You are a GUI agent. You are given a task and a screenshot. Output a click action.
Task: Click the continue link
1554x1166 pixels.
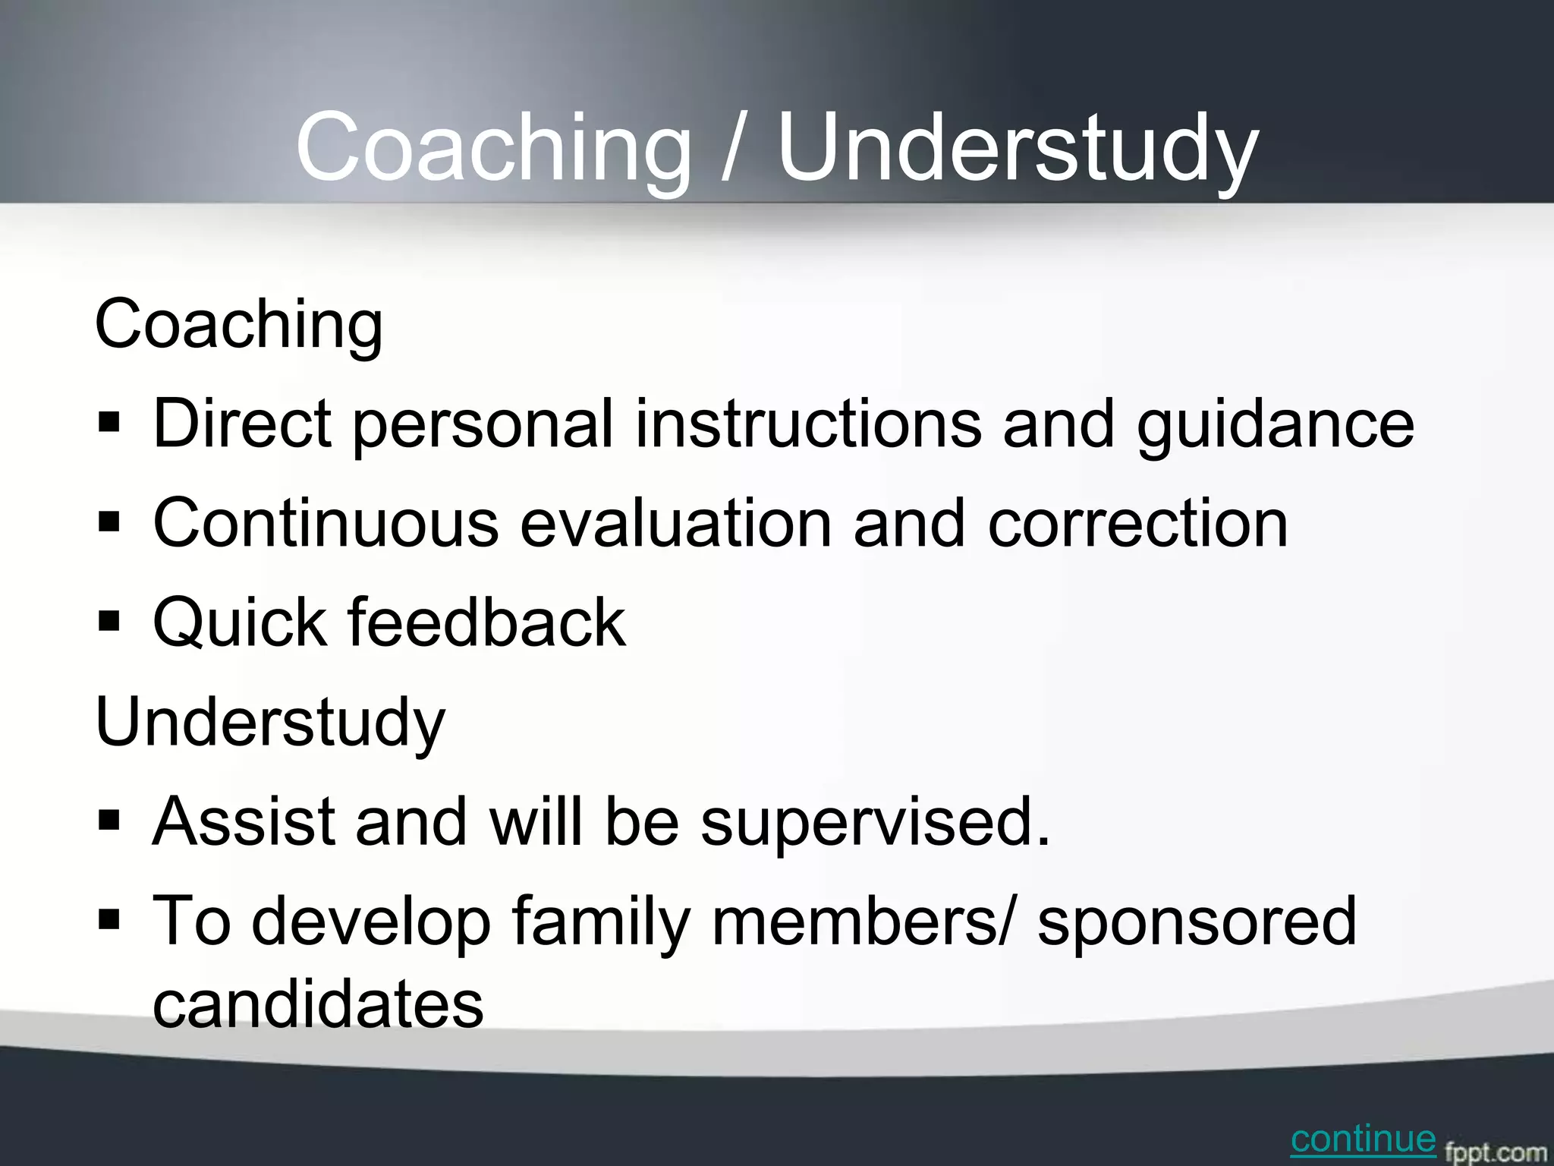1363,1139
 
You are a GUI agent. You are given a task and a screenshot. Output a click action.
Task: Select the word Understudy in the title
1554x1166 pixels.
1017,148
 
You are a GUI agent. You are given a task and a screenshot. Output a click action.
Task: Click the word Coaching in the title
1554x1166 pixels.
493,148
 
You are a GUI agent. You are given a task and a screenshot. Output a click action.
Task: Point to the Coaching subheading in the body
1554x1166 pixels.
239,326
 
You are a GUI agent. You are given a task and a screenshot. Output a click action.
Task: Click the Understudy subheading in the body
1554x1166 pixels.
270,723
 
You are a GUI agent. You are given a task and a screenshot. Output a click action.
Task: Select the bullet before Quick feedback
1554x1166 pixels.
109,622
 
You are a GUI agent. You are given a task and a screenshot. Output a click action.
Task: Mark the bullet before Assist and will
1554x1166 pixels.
109,821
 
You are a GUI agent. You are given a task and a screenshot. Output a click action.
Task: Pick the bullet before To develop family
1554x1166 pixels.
109,921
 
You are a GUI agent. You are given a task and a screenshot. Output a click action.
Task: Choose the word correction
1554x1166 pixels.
1137,524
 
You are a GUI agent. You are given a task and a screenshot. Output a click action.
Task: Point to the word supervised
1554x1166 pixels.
875,822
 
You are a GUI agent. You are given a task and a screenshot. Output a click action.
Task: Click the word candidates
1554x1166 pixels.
318,1004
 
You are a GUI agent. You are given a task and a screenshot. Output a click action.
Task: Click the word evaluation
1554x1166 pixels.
675,524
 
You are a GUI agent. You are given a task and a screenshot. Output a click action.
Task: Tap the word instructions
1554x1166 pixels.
808,424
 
